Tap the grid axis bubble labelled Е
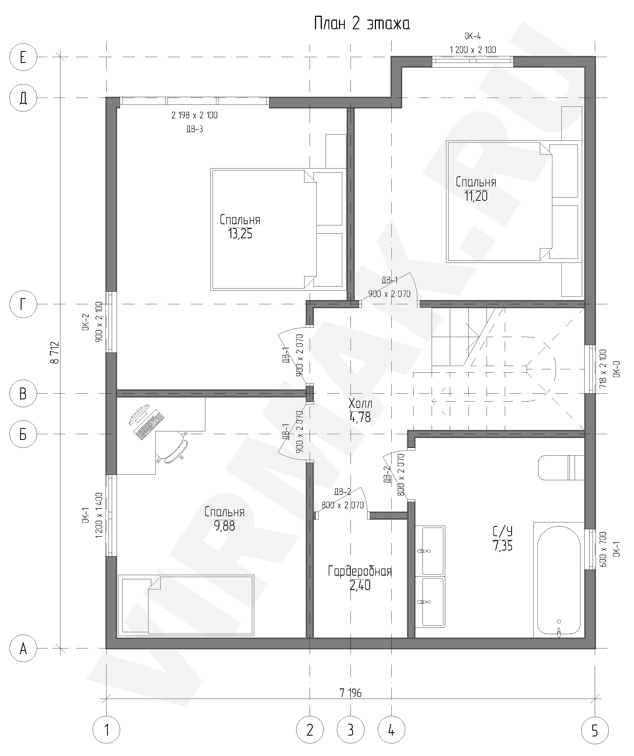click(23, 57)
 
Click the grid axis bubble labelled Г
click(23, 304)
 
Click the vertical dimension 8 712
click(55, 352)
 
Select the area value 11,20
click(476, 196)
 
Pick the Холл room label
click(360, 404)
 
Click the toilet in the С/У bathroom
click(561, 468)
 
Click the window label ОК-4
click(473, 36)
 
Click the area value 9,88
click(224, 526)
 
